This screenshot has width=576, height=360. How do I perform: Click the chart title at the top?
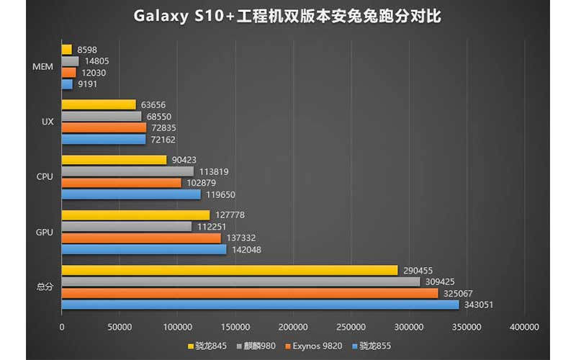[x=287, y=15]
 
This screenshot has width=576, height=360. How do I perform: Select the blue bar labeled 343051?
[x=260, y=305]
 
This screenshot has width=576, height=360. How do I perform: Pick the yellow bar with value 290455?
[x=230, y=270]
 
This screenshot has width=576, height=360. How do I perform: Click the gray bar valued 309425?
[x=240, y=282]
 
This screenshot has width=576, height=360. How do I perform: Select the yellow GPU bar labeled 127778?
[x=135, y=215]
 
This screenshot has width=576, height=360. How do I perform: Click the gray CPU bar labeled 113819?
[x=127, y=171]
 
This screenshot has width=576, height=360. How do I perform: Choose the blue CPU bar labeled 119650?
[x=131, y=194]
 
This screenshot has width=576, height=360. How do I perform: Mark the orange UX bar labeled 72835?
[x=104, y=127]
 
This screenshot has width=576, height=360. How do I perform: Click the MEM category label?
[x=43, y=67]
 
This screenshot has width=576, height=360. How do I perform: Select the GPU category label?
[x=44, y=233]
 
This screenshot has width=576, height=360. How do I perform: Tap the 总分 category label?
[x=44, y=287]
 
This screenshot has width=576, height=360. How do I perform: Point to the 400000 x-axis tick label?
[x=524, y=327]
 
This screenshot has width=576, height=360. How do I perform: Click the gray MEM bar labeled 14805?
[x=70, y=61]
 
